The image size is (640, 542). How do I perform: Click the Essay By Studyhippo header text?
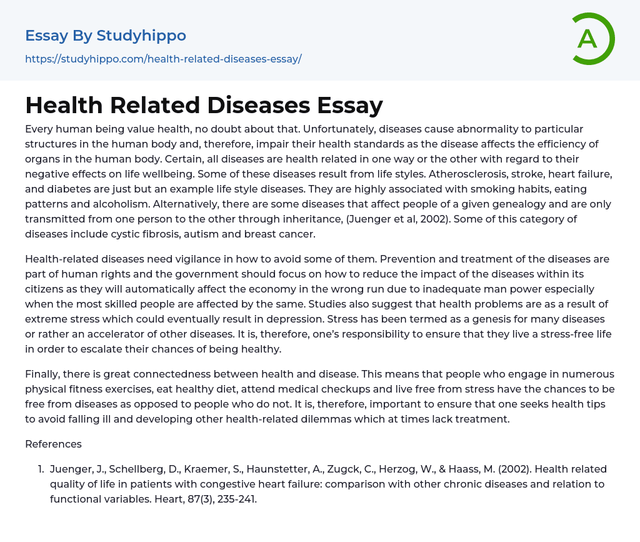point(106,36)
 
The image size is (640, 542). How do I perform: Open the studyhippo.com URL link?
point(163,59)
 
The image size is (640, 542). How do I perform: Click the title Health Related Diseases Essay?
point(204,105)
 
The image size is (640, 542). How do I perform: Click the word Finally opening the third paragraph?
point(44,374)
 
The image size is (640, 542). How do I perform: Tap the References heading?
point(53,444)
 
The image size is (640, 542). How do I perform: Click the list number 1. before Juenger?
point(41,469)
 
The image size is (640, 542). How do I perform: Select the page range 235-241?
point(235,499)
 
